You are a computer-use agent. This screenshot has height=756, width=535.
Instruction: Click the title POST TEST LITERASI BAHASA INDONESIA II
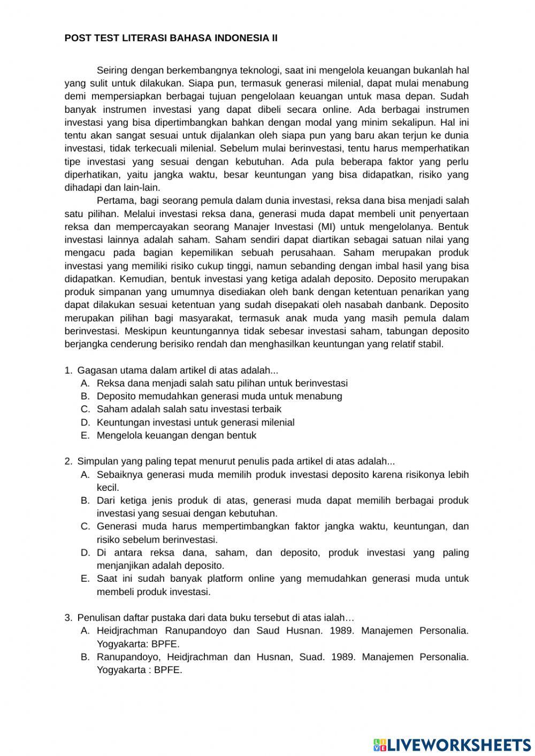tap(171, 38)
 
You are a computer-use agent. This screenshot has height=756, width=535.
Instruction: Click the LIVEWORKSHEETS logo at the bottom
tap(452, 744)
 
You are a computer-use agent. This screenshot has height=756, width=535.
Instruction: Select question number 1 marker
tap(68, 370)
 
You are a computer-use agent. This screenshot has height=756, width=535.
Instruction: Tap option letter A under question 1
tap(85, 383)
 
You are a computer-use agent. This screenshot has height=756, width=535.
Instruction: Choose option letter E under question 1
tap(85, 435)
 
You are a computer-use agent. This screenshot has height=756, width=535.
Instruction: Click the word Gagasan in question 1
tap(95, 370)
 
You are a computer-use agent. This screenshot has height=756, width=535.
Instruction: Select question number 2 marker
tap(68, 461)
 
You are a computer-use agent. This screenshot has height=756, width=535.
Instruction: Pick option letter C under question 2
tap(85, 526)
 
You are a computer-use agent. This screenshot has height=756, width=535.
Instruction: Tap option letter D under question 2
tap(85, 552)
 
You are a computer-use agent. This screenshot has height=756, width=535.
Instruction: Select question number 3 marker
tap(68, 618)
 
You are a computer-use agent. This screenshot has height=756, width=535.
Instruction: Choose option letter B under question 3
tap(85, 657)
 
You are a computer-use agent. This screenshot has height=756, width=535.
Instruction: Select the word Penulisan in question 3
tap(99, 618)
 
